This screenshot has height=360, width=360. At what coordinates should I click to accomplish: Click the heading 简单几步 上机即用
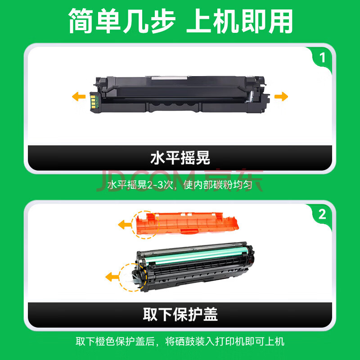point(181,21)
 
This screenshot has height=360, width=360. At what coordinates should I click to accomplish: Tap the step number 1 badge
point(322,58)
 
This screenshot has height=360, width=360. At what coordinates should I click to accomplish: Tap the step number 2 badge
point(322,215)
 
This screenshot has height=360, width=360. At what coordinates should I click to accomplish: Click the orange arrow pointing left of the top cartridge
point(79,96)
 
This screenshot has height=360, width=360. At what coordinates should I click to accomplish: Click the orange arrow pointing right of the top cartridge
point(281,96)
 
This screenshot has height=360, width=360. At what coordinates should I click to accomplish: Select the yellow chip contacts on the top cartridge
point(93,101)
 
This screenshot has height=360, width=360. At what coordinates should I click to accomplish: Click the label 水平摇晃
point(180,158)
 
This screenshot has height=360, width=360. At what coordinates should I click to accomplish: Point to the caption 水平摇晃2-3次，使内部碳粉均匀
point(180,185)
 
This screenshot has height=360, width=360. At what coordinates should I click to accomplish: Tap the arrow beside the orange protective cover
point(125,225)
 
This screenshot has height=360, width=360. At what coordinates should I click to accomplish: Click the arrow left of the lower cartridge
point(112,277)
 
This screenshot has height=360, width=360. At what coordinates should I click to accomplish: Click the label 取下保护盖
point(180,315)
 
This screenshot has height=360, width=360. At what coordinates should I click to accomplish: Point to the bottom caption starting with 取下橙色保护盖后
point(180,342)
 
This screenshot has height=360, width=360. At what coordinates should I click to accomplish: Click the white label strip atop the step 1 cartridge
point(170,78)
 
